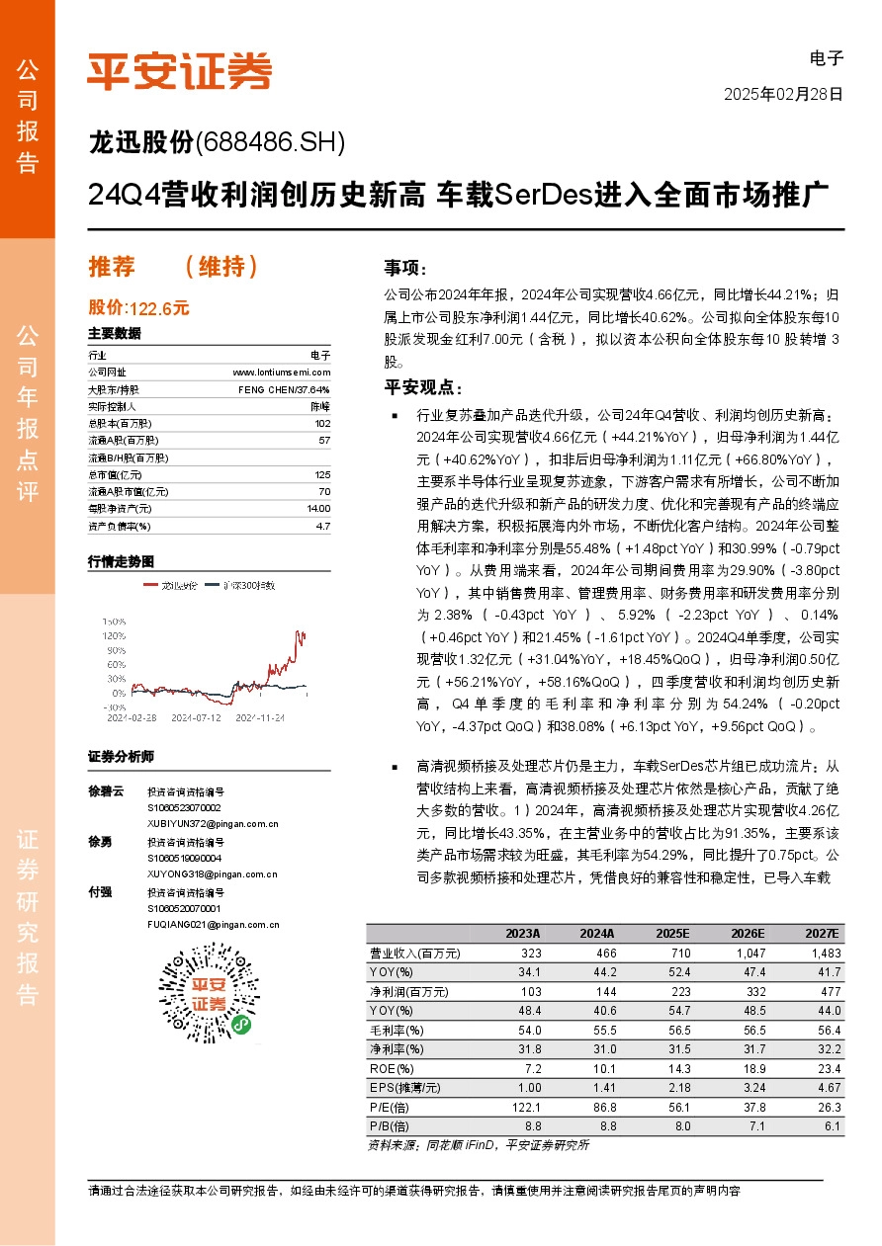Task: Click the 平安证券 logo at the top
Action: tap(179, 71)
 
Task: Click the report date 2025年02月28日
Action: tap(783, 95)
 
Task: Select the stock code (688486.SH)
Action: tap(271, 143)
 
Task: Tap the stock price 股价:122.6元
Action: tap(138, 308)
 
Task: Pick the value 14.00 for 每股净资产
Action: tap(318, 508)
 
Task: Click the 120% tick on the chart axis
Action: tap(114, 635)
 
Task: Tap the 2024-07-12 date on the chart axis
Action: tap(197, 717)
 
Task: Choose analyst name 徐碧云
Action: tap(106, 791)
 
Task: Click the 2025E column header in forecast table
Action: tap(673, 934)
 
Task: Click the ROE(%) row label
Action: tap(392, 1069)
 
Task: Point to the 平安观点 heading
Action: tap(422, 387)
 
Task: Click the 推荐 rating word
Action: tap(111, 267)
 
